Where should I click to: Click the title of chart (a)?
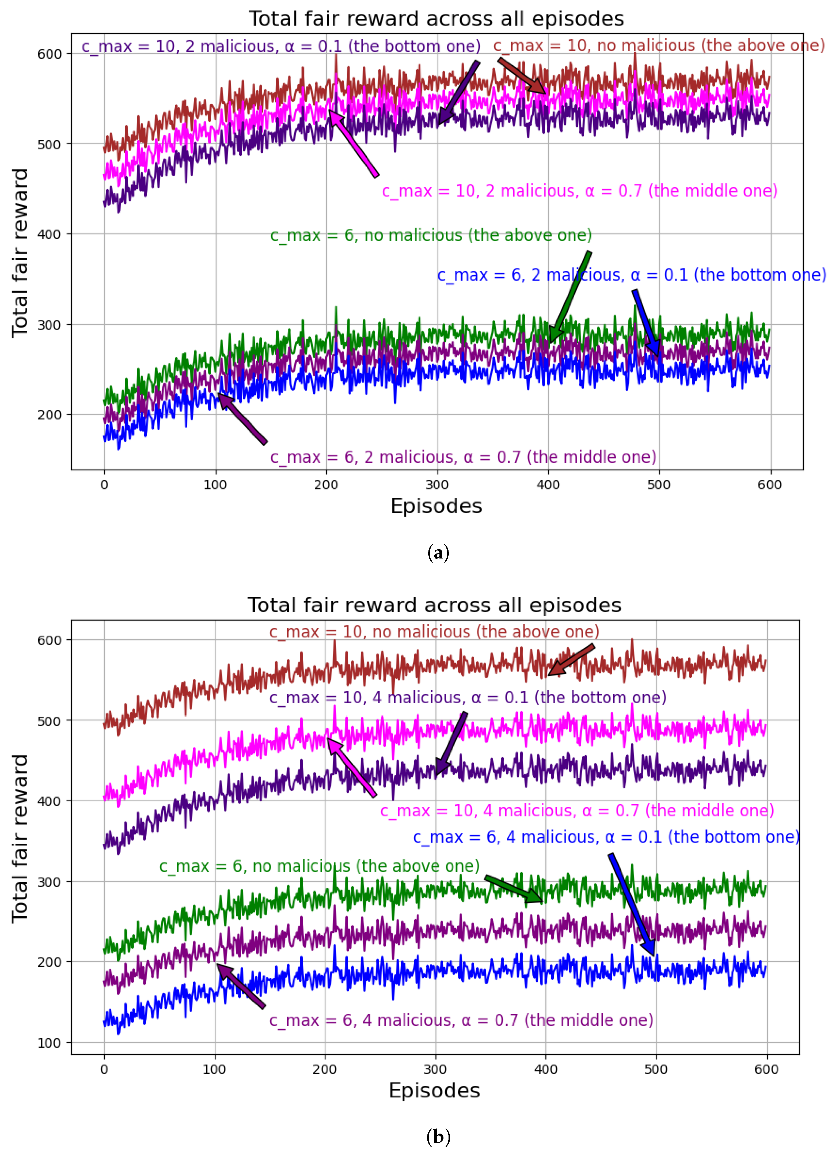436,19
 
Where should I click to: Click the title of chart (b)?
434,605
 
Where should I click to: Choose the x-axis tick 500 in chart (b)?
656,1069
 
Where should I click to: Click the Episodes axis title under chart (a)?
436,506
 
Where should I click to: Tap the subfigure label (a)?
438,553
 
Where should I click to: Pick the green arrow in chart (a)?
570,297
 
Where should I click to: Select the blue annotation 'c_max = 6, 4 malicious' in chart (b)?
606,837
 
